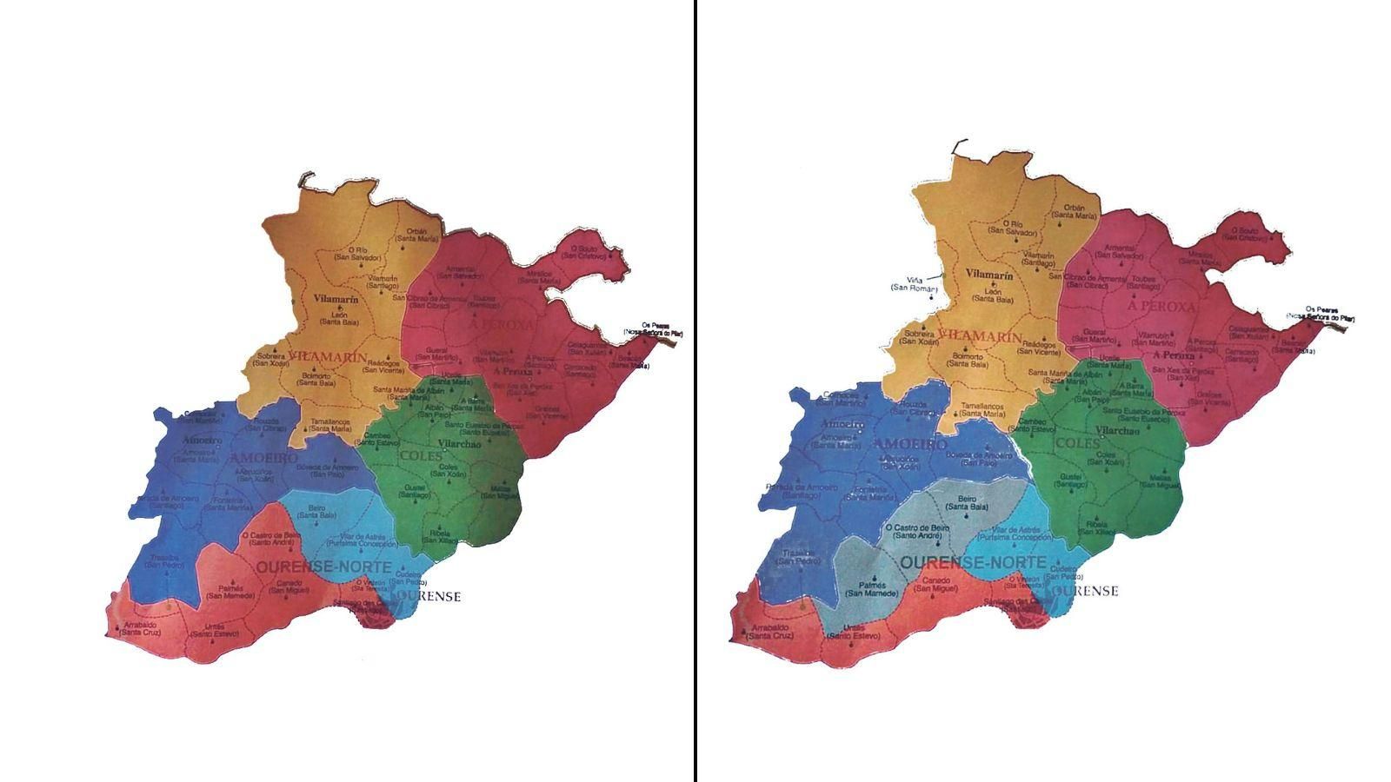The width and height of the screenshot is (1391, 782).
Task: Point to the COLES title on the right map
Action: point(1072,443)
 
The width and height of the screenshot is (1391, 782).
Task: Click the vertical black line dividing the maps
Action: point(695,391)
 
